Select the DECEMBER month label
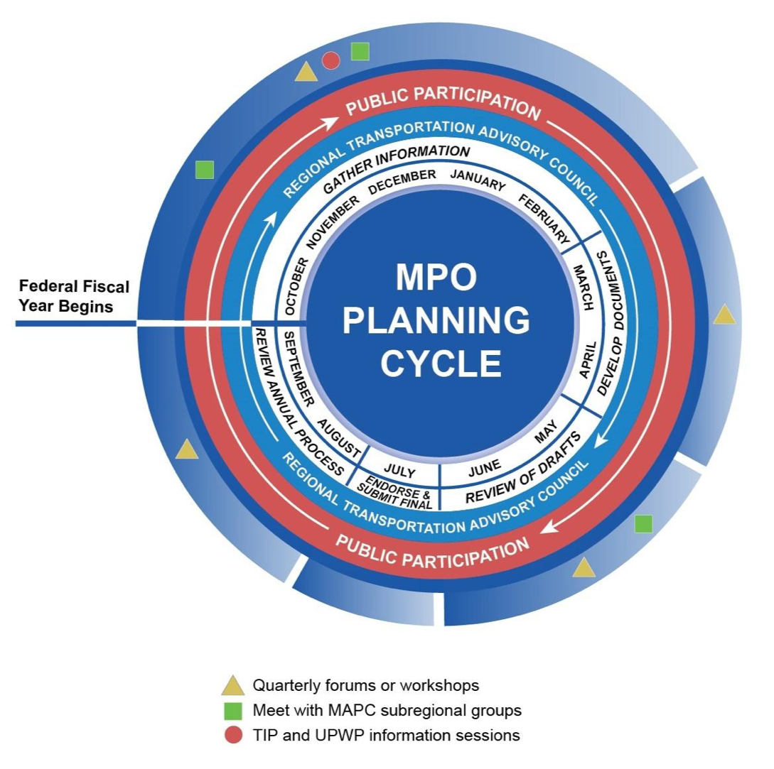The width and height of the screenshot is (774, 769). click(x=402, y=180)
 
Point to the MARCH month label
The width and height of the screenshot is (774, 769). click(x=583, y=287)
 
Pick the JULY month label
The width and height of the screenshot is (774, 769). click(x=399, y=471)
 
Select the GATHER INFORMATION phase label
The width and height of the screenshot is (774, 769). click(x=396, y=168)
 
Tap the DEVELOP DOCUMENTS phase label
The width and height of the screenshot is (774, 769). click(x=610, y=322)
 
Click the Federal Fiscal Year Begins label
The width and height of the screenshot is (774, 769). click(x=74, y=297)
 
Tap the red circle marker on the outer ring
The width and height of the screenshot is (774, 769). click(x=330, y=61)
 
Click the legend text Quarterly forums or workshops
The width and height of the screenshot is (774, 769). click(x=366, y=685)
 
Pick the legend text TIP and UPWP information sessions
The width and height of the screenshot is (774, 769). click(x=386, y=735)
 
